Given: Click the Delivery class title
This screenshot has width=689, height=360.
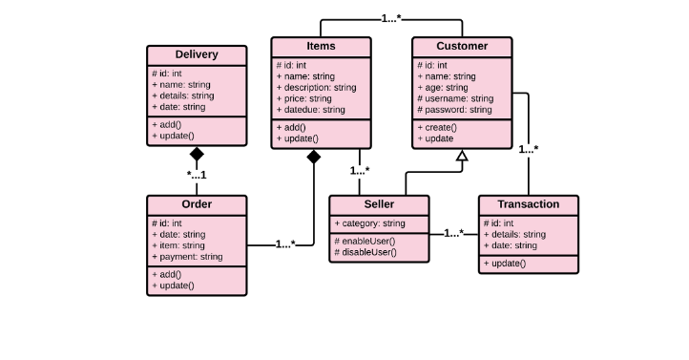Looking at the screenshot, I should [197, 54].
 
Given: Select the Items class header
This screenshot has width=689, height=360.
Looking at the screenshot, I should [321, 46].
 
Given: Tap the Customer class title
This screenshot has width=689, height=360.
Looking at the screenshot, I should [462, 46].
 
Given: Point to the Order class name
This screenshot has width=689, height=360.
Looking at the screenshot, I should [197, 204].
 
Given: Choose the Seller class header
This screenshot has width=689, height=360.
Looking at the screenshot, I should [379, 204].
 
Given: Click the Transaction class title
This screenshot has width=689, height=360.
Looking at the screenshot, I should [528, 204].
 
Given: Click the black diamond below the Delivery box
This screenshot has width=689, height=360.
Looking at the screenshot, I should [197, 154].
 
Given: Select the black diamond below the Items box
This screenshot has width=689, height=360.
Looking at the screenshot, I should [313, 158].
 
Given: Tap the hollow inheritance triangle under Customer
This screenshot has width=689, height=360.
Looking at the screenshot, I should [462, 155].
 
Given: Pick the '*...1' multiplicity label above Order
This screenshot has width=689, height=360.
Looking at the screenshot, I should [197, 175].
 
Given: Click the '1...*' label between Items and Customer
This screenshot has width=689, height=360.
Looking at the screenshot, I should [391, 18].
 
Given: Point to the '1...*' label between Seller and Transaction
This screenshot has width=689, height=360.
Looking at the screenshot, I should [454, 233].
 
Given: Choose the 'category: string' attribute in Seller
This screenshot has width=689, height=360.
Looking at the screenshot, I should [369, 223].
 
